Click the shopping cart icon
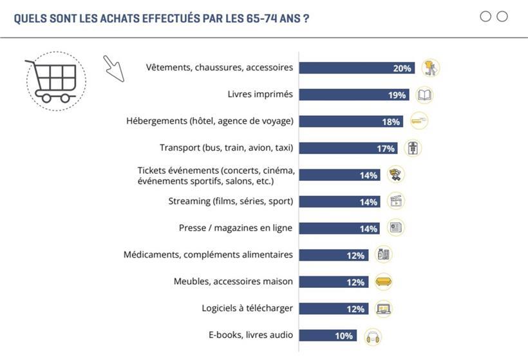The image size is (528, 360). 55,81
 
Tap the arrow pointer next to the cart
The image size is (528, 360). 113,68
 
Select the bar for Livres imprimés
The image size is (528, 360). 354,95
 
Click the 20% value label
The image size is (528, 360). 402,68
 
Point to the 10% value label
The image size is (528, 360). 343,336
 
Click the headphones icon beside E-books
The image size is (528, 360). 373,336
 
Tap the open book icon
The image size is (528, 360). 424,95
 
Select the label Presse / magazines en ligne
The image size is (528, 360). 236,228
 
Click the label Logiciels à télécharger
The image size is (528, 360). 247,308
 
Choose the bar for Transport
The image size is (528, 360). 348,148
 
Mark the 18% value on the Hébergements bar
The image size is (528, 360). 391,122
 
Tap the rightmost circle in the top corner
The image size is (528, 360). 502,17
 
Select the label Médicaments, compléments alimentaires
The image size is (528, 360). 208,254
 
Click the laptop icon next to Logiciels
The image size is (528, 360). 384,309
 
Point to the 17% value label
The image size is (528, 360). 386,149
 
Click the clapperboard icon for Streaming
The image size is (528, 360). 396,202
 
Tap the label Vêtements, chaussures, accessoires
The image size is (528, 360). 219,67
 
